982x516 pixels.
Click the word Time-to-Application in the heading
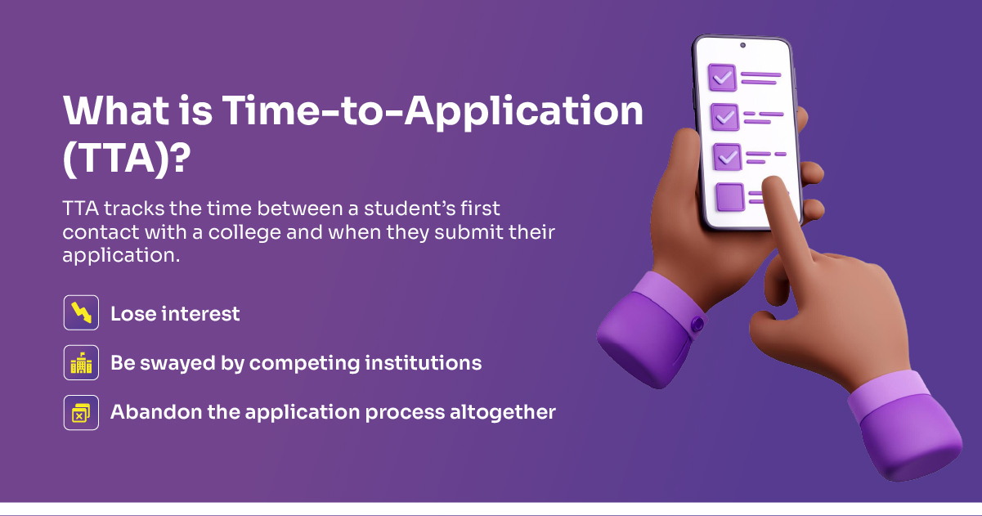433,111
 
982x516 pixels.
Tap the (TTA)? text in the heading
127,159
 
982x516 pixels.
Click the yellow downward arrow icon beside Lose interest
81,312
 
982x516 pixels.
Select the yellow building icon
81,362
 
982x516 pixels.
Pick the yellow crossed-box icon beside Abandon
81,412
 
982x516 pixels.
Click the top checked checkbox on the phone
722,78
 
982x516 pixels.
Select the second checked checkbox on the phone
724,117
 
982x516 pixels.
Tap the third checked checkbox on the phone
727,156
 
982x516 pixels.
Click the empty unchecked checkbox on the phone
730,197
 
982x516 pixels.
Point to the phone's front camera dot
742,45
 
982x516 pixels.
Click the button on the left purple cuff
697,325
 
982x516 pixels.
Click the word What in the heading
116,111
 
